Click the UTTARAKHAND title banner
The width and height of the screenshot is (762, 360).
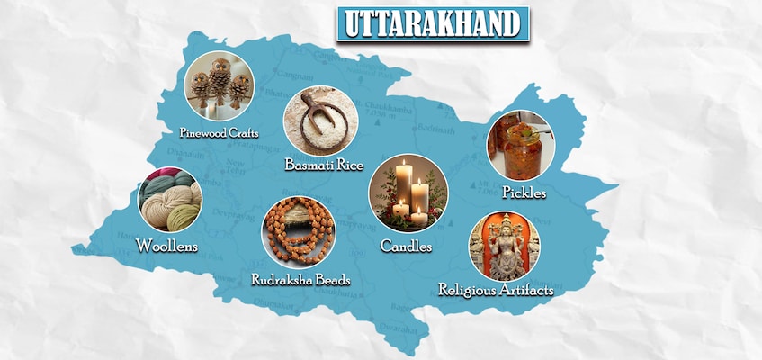[433, 23]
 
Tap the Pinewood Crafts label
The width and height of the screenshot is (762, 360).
[219, 133]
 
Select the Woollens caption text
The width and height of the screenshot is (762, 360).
[166, 245]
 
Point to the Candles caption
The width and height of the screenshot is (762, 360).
[406, 245]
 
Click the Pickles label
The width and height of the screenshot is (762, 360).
[524, 193]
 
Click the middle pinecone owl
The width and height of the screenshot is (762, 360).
[220, 78]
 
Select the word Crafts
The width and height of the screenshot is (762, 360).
[244, 133]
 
